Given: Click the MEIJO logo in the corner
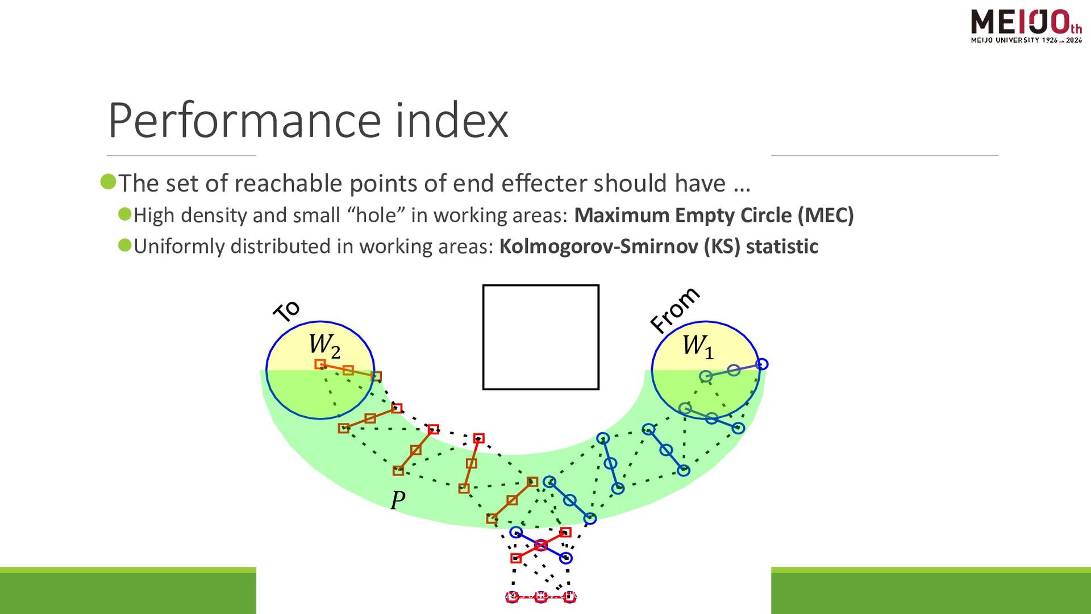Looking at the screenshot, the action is pyautogui.click(x=1026, y=26).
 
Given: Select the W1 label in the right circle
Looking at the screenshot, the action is pyautogui.click(x=697, y=346).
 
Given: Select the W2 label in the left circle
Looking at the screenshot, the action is pyautogui.click(x=324, y=345).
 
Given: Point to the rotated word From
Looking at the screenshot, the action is pyautogui.click(x=675, y=310).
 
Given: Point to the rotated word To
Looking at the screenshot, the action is pyautogui.click(x=286, y=311).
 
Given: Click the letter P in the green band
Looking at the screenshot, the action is pyautogui.click(x=398, y=500).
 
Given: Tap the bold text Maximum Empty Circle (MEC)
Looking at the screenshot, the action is pyautogui.click(x=714, y=215).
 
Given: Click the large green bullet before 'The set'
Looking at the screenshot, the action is pyautogui.click(x=108, y=182).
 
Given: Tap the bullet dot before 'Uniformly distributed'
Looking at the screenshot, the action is pyautogui.click(x=125, y=245).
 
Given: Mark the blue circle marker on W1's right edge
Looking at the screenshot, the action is pyautogui.click(x=762, y=364).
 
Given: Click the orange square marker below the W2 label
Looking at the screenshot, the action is pyautogui.click(x=320, y=364).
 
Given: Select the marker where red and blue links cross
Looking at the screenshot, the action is pyautogui.click(x=541, y=545).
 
